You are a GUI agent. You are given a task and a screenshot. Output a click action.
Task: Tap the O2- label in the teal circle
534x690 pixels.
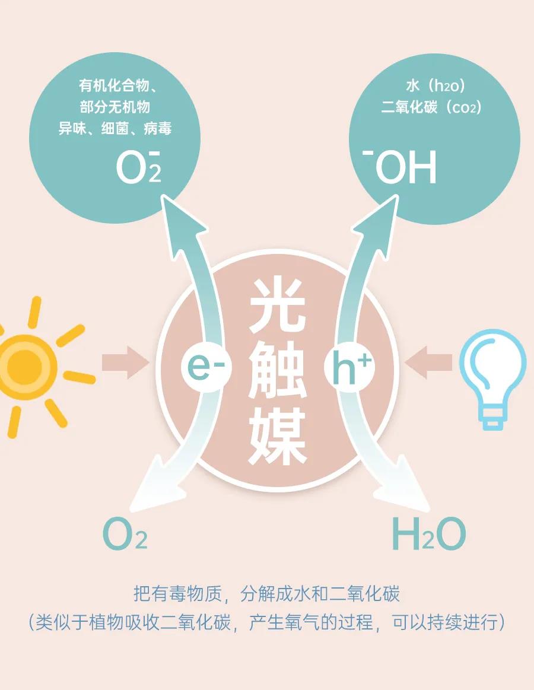138,166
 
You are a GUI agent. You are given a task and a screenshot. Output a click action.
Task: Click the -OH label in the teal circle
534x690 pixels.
401,167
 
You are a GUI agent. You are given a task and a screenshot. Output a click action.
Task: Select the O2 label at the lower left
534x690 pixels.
125,534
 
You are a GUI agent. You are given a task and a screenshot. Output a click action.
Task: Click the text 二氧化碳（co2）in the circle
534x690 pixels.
431,107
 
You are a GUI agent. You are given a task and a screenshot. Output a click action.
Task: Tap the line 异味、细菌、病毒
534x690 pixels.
115,128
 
